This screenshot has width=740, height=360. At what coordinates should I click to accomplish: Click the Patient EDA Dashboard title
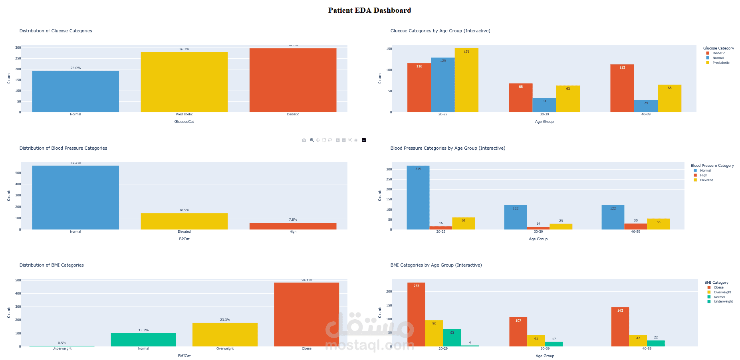tap(369, 10)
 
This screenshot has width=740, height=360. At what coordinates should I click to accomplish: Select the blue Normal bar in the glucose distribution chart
tap(75, 91)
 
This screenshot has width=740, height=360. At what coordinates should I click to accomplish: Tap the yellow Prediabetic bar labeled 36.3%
tap(184, 82)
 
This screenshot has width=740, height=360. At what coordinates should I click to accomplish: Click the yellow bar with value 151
tap(466, 80)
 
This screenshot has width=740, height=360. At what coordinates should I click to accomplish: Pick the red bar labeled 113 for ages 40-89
tap(622, 88)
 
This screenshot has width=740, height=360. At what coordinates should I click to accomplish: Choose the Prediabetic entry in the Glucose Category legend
tap(721, 63)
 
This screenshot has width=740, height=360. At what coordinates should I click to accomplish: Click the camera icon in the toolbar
tap(304, 140)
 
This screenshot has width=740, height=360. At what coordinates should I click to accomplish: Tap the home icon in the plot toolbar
tap(356, 140)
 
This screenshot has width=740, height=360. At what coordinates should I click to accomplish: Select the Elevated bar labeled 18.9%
tap(184, 221)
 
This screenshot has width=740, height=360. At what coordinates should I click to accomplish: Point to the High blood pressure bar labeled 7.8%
tap(293, 226)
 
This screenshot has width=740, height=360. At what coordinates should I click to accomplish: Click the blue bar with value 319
tap(418, 198)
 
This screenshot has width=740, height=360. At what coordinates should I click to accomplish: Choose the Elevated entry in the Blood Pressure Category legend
tap(706, 180)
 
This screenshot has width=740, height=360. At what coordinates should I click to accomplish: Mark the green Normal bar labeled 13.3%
tap(143, 340)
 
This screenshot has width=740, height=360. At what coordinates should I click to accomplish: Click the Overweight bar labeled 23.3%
tap(225, 334)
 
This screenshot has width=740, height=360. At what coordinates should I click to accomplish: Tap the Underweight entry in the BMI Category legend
tap(723, 302)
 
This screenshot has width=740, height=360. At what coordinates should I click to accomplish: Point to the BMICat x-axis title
tap(184, 356)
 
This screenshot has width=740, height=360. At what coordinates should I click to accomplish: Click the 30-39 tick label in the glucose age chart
tap(544, 115)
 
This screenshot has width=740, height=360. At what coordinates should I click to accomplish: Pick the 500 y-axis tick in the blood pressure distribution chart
tap(18, 173)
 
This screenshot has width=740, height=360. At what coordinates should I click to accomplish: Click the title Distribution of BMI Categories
tap(52, 265)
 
